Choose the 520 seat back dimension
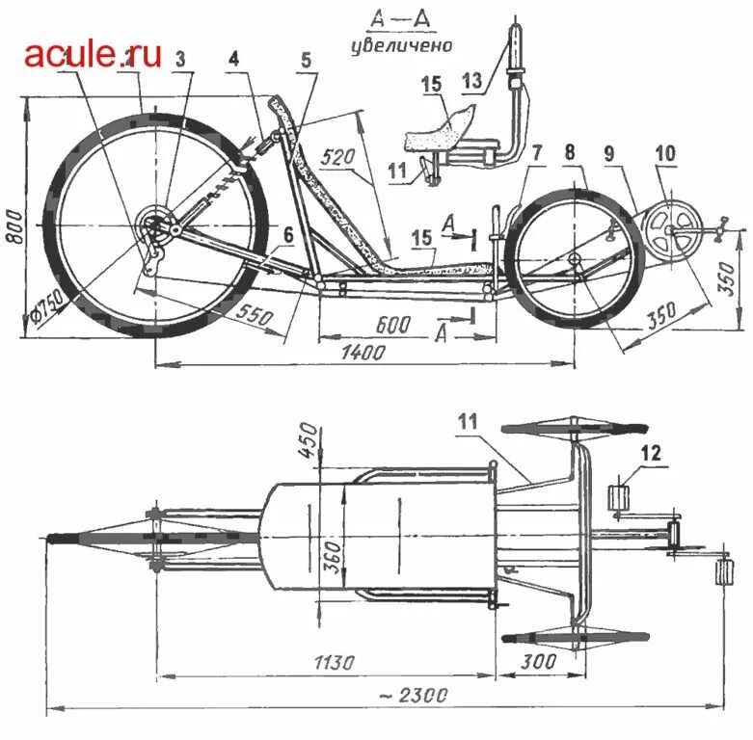tap(340, 156)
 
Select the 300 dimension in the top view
tap(537, 662)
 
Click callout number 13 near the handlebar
tap(471, 81)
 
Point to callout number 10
tap(665, 154)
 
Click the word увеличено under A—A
tap(401, 45)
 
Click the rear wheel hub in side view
tap(152, 229)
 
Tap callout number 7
tap(537, 152)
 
